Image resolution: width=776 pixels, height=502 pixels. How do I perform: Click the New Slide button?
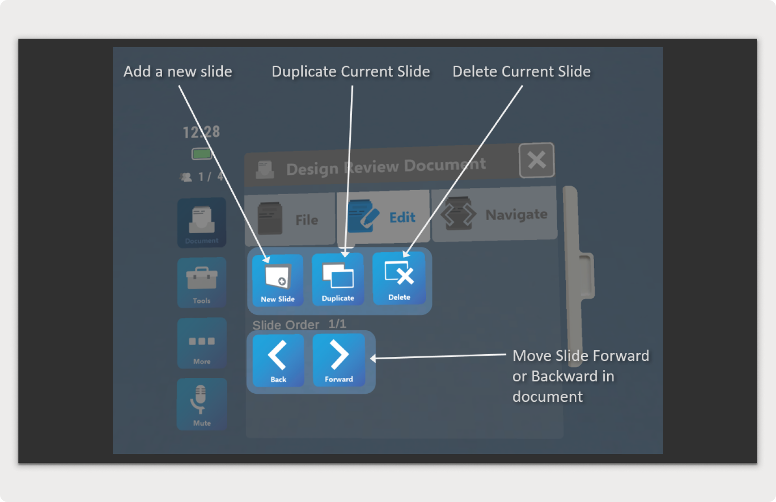click(x=278, y=280)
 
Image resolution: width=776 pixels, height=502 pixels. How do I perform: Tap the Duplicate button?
click(x=338, y=279)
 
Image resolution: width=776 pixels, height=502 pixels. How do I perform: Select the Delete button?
click(x=399, y=278)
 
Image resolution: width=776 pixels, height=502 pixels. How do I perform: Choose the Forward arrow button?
click(x=339, y=360)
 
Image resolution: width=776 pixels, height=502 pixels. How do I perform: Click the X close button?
click(x=536, y=160)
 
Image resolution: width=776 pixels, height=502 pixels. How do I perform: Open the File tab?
click(x=290, y=219)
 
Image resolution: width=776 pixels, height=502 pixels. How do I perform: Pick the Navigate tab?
click(x=494, y=214)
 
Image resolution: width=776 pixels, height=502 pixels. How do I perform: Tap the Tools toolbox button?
click(x=202, y=282)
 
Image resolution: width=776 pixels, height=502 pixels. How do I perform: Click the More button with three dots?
click(x=202, y=343)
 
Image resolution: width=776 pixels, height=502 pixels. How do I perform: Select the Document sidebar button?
click(x=202, y=222)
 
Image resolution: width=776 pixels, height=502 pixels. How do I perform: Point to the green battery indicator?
click(x=202, y=154)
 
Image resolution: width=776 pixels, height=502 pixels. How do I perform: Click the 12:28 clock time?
click(x=201, y=132)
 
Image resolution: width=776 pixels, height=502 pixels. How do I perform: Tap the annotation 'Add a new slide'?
click(x=178, y=71)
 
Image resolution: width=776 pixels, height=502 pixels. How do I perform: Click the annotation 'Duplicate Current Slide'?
click(x=351, y=71)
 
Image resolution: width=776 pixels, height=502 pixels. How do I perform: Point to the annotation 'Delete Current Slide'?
click(x=521, y=71)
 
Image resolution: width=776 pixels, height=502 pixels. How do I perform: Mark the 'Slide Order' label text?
click(x=286, y=325)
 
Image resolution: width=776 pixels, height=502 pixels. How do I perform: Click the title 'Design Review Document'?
click(x=386, y=167)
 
